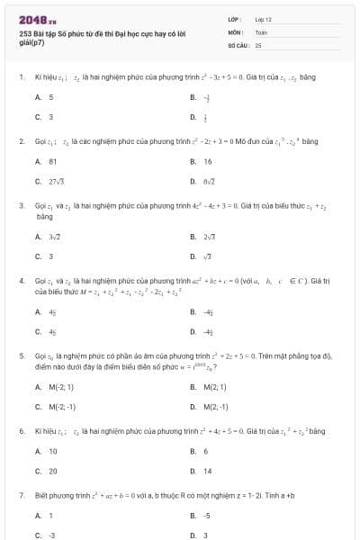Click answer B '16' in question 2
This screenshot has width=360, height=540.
tap(208, 161)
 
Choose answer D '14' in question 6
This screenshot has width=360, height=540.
tap(208, 471)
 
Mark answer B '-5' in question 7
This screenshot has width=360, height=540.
tap(206, 516)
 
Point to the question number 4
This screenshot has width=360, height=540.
tap(21, 281)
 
